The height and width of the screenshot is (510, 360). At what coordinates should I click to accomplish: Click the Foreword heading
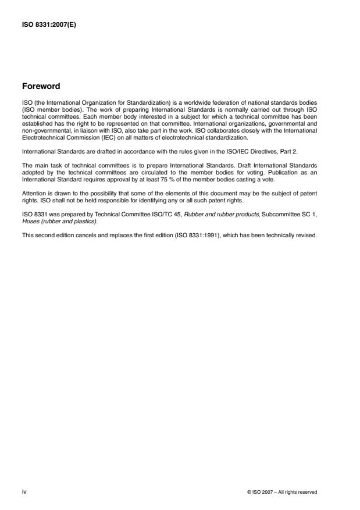pyautogui.click(x=40, y=86)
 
